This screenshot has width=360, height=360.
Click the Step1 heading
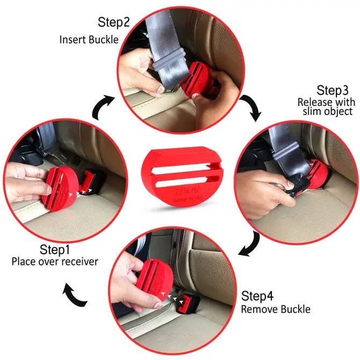[55, 250]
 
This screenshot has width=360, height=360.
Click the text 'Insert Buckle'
[89, 39]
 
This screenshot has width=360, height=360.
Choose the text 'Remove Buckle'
[275, 309]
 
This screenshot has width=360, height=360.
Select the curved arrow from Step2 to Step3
[250, 107]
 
